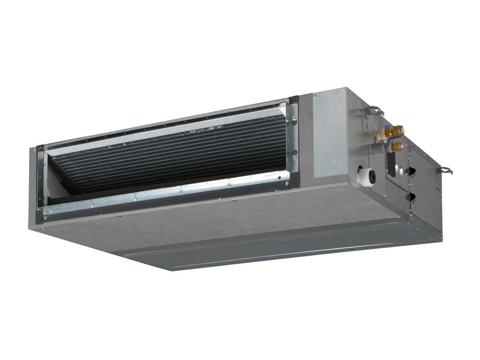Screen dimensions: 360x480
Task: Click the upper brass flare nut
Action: click(x=397, y=130)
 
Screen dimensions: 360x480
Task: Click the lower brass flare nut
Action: click(x=397, y=146)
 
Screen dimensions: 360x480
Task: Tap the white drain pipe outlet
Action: click(x=365, y=175)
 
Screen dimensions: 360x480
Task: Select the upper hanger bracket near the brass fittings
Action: click(x=374, y=111)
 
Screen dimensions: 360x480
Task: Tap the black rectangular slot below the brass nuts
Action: click(x=389, y=164)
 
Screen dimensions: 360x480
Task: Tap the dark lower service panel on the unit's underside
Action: click(x=281, y=248)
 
